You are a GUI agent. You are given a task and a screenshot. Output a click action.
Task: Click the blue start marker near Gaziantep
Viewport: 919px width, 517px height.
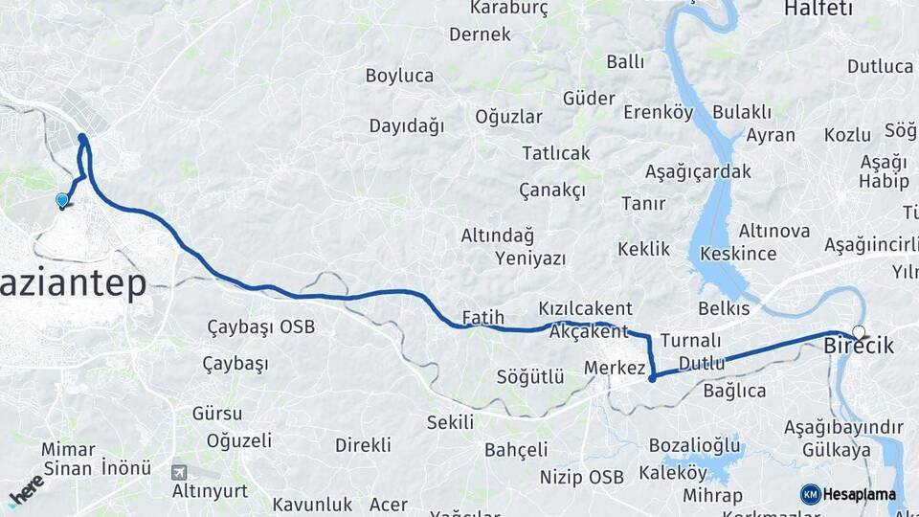[x=62, y=200]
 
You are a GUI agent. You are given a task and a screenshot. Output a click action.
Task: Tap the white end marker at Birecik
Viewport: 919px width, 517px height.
[x=859, y=333]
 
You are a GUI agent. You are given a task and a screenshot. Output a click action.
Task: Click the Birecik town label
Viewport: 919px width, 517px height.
[x=859, y=347]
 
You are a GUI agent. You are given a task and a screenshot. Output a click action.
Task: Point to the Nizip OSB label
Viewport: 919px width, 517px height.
[x=581, y=477]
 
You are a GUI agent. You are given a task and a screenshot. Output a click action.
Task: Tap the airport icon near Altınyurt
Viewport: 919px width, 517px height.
[x=179, y=472]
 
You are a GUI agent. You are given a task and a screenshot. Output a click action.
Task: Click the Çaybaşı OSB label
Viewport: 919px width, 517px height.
[x=260, y=327]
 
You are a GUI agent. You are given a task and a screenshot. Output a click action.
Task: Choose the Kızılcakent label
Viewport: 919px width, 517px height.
[x=585, y=308]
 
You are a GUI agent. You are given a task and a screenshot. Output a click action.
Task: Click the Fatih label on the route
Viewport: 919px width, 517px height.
[x=482, y=316]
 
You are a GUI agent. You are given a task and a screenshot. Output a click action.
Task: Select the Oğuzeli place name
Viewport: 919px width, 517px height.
[x=238, y=440]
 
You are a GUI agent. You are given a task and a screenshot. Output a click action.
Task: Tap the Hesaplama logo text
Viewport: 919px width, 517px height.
[x=859, y=495]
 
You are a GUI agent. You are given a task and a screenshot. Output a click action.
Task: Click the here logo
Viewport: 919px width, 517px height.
[x=27, y=490]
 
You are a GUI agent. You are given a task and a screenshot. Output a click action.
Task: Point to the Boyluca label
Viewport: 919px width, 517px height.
[x=399, y=75]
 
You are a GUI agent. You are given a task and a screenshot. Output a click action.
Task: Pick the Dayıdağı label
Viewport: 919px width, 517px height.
[x=407, y=125]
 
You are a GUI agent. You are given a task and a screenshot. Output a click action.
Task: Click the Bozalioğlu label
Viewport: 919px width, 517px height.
[x=694, y=445]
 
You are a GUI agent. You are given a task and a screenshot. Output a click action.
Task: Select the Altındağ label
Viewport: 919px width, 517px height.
[x=497, y=236]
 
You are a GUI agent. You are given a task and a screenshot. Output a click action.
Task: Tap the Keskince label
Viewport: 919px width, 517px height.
[x=738, y=254]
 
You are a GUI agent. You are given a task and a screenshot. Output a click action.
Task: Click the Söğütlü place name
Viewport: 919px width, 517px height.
[x=529, y=376]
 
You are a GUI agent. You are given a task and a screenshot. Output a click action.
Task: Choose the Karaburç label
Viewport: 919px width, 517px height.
[x=508, y=9]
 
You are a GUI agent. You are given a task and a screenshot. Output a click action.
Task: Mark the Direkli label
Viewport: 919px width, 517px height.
[x=363, y=445]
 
